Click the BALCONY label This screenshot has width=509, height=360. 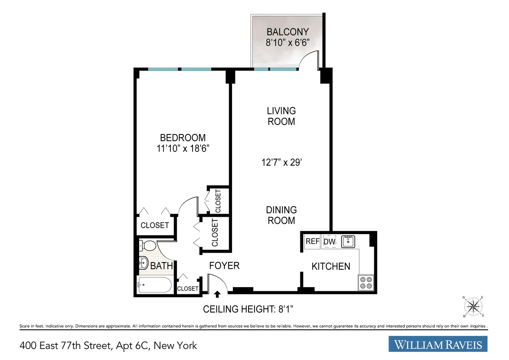pyautogui.click(x=287, y=32)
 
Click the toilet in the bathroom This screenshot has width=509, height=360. pyautogui.click(x=147, y=246)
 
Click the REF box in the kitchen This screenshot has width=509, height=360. pyautogui.click(x=312, y=241)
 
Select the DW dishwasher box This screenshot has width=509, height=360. pyautogui.click(x=330, y=241)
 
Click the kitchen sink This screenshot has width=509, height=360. pyautogui.click(x=348, y=241)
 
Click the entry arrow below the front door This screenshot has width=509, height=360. pyautogui.click(x=218, y=294)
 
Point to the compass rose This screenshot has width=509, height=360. pyautogui.click(x=473, y=306)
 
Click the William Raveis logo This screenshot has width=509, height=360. pyautogui.click(x=438, y=344)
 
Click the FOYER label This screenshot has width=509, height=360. pyautogui.click(x=224, y=266)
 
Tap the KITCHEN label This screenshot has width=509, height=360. pyautogui.click(x=331, y=266)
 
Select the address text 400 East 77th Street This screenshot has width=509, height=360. pyautogui.click(x=108, y=346)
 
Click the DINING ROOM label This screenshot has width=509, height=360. pyautogui.click(x=281, y=215)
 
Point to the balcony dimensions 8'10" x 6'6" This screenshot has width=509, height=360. pyautogui.click(x=287, y=42)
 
